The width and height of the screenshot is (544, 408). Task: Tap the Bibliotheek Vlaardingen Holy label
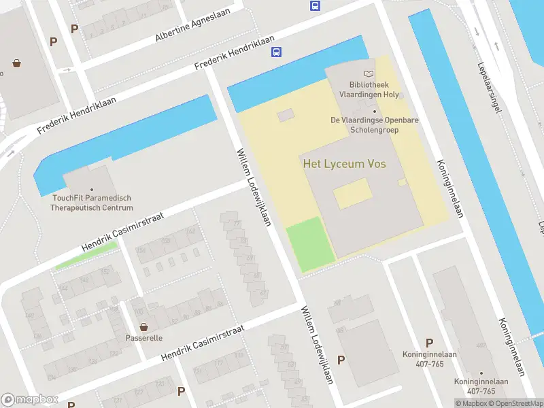(x=369, y=89)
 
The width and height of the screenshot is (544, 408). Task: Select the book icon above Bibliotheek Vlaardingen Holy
(x=369, y=73)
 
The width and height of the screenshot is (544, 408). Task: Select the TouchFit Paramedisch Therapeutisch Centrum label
(x=92, y=203)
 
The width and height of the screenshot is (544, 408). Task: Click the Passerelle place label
(x=143, y=337)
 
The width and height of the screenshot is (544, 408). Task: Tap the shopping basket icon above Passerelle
(x=143, y=326)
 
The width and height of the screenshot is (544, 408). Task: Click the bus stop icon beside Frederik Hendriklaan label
(x=277, y=52)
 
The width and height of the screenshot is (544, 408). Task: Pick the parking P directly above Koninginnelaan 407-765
(x=429, y=343)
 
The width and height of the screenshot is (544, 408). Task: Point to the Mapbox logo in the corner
(x=29, y=400)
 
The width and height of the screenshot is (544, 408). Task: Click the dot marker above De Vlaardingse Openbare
(x=374, y=112)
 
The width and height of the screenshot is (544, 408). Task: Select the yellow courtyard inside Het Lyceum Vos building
(x=352, y=193)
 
